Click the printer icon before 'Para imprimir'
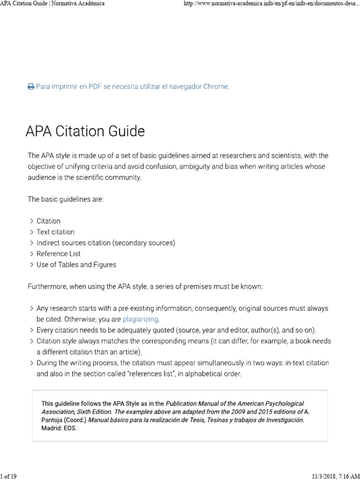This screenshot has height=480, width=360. (x=30, y=87)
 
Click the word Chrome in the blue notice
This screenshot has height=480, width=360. (x=215, y=87)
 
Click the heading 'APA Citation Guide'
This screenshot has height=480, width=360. (x=85, y=131)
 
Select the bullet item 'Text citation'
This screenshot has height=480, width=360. (x=55, y=232)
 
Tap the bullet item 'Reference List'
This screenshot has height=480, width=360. (x=59, y=254)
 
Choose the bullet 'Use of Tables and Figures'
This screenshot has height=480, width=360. (x=76, y=264)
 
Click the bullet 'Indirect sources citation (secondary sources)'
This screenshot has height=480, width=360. (x=106, y=243)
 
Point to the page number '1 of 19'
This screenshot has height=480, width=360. (x=9, y=476)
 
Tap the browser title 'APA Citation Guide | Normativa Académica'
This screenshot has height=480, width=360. (x=52, y=4)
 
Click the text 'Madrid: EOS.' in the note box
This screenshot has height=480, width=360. (x=59, y=428)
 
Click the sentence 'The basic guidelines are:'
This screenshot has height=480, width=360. (x=65, y=199)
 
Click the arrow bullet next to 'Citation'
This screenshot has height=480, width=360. (x=31, y=221)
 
